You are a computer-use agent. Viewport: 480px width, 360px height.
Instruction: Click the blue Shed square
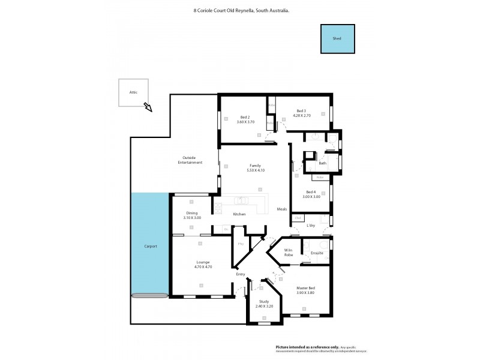(337, 38)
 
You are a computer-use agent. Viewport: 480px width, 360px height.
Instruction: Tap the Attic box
(133, 92)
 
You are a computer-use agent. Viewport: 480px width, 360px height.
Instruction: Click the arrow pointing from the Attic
(147, 107)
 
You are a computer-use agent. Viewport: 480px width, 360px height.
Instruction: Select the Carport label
(150, 247)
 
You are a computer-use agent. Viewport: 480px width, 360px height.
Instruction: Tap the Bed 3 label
(301, 110)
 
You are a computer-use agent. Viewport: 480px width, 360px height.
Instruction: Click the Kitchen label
(239, 214)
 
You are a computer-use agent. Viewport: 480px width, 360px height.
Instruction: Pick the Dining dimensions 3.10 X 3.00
(192, 218)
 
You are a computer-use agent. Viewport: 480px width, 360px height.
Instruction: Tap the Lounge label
(202, 262)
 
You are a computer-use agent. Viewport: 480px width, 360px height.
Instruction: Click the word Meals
(282, 209)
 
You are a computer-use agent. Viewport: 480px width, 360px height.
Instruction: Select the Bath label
(322, 163)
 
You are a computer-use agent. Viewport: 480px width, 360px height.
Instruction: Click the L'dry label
(311, 226)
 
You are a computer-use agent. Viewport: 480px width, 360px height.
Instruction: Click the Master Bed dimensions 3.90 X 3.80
(305, 292)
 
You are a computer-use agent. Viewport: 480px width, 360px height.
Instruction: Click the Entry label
(241, 275)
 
